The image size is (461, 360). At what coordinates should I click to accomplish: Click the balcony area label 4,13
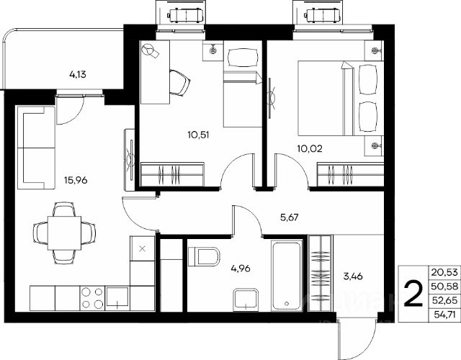[x=78, y=75]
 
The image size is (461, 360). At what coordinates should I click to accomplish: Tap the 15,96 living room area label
[x=76, y=180]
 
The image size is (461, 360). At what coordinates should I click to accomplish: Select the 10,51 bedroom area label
[x=198, y=135]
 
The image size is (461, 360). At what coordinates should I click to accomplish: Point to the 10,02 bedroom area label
[x=310, y=148]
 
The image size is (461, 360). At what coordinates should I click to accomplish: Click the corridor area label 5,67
[x=290, y=217]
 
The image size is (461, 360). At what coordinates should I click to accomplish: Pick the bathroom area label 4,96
[x=241, y=269]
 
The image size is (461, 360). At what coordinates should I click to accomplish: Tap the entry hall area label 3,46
[x=353, y=276]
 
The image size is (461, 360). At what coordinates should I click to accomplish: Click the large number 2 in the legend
[x=413, y=294]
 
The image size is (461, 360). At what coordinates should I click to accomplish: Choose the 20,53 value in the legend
[x=444, y=272]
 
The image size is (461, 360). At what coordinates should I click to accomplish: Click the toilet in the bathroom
[x=204, y=256]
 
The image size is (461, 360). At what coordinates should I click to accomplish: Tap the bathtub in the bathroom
[x=287, y=275]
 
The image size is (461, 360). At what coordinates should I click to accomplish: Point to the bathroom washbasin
[x=246, y=300]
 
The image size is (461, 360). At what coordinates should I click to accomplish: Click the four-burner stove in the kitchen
[x=92, y=298]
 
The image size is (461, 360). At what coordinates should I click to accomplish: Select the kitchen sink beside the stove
[x=117, y=297]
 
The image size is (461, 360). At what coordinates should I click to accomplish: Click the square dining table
[x=64, y=233]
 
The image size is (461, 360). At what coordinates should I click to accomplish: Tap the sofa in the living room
[x=36, y=148]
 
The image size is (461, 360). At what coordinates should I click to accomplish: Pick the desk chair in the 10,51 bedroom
[x=179, y=83]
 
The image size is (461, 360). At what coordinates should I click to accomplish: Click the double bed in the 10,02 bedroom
[x=341, y=99]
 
